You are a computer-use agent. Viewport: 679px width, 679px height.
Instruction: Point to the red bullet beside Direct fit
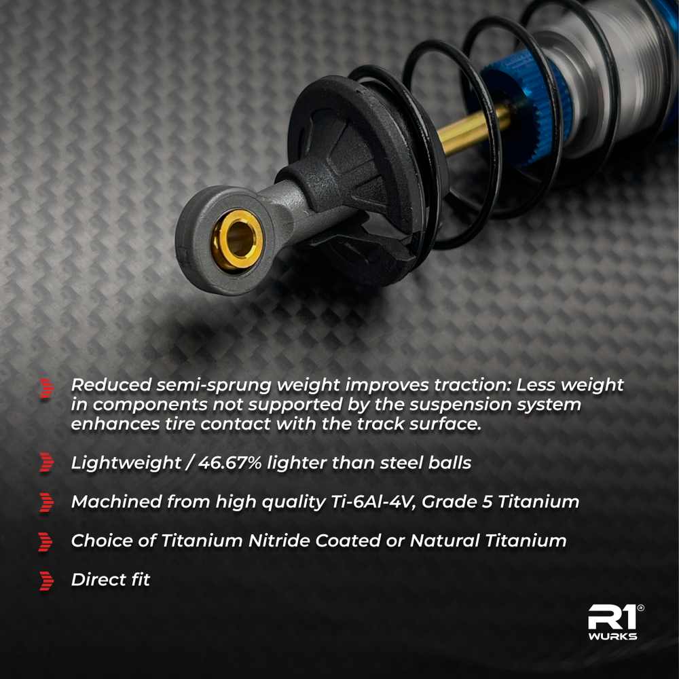(46, 581)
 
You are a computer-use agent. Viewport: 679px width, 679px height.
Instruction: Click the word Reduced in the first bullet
(110, 385)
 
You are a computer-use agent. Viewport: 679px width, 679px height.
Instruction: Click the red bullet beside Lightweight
(46, 464)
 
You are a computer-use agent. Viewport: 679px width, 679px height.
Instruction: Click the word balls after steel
(447, 463)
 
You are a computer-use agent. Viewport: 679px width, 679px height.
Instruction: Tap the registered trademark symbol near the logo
(641, 608)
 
